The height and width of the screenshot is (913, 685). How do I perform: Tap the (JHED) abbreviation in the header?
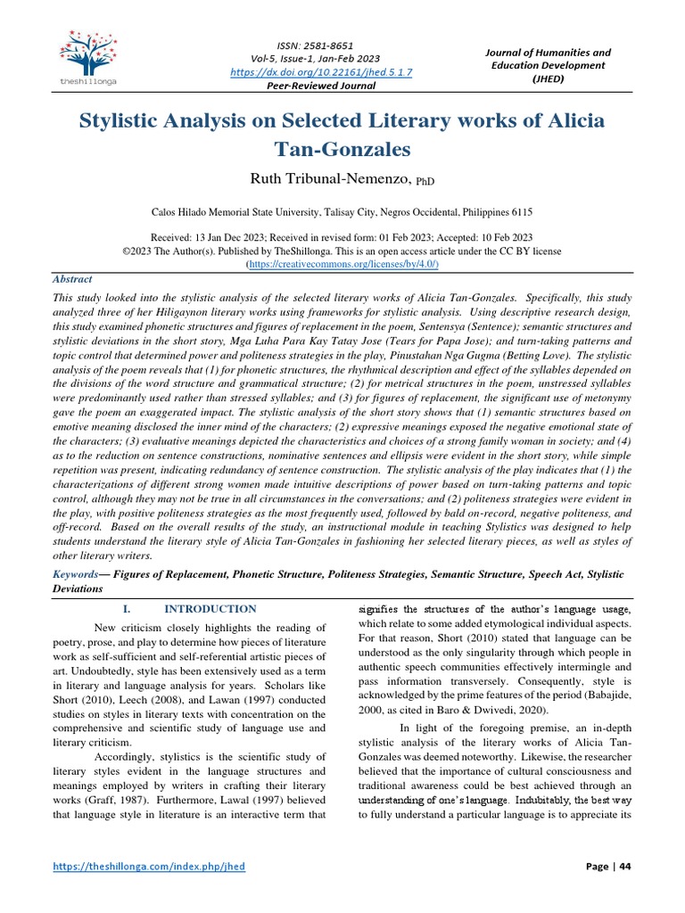[x=547, y=78]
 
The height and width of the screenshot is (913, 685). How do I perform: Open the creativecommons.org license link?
[x=342, y=265]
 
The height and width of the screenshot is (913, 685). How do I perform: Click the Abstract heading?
[x=71, y=279]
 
